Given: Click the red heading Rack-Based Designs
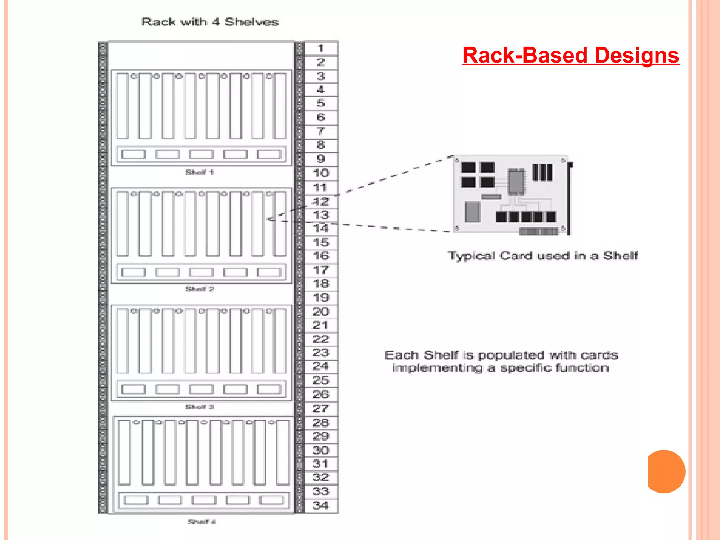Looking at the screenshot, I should [570, 56].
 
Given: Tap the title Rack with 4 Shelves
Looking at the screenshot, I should [210, 22].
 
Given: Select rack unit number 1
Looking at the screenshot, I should [321, 48].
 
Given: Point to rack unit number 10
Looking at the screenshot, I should [321, 173].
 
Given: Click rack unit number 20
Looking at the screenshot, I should [321, 311].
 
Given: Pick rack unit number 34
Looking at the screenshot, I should [321, 506].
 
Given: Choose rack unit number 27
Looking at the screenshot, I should [321, 409].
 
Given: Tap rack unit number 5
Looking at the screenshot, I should [321, 103].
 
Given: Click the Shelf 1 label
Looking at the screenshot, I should [199, 172].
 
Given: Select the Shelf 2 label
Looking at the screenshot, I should [199, 289].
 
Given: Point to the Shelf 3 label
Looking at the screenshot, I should [199, 407].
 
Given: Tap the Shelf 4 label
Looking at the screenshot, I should [201, 521].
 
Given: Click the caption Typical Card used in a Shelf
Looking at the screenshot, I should [542, 256].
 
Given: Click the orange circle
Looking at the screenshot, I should [666, 471].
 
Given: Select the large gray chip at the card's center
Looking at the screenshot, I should [516, 181].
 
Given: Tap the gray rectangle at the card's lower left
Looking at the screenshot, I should [472, 212].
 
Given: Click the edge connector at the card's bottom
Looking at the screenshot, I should [539, 231].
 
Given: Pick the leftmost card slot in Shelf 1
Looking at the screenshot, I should [122, 106].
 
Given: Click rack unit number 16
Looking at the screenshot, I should [321, 256].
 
